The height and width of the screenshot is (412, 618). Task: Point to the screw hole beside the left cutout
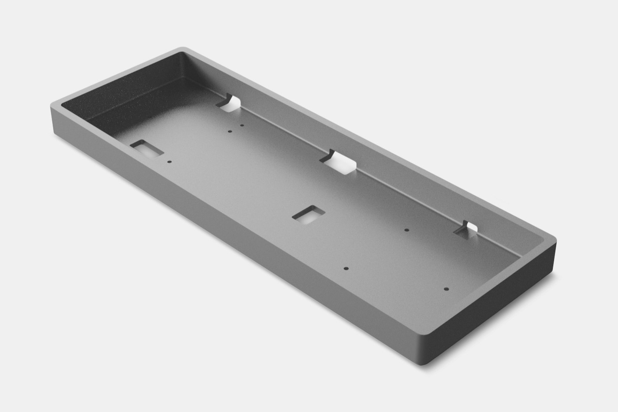coord(169,162)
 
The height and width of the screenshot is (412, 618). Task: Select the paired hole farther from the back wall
coord(230,131)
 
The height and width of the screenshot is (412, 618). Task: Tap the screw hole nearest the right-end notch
coord(406,230)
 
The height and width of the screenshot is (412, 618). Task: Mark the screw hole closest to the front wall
coord(346,268)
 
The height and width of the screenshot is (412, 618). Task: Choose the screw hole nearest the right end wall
coord(446,289)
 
